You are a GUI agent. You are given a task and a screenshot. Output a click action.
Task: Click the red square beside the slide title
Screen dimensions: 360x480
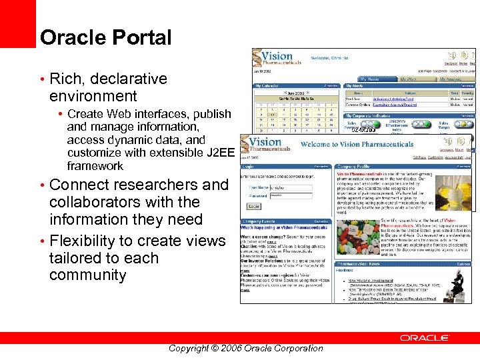[x=17, y=24]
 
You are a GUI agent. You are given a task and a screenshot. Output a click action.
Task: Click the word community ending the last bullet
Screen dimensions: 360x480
[x=87, y=275]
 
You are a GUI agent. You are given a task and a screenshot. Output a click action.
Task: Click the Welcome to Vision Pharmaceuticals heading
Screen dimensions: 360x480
[x=357, y=143]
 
